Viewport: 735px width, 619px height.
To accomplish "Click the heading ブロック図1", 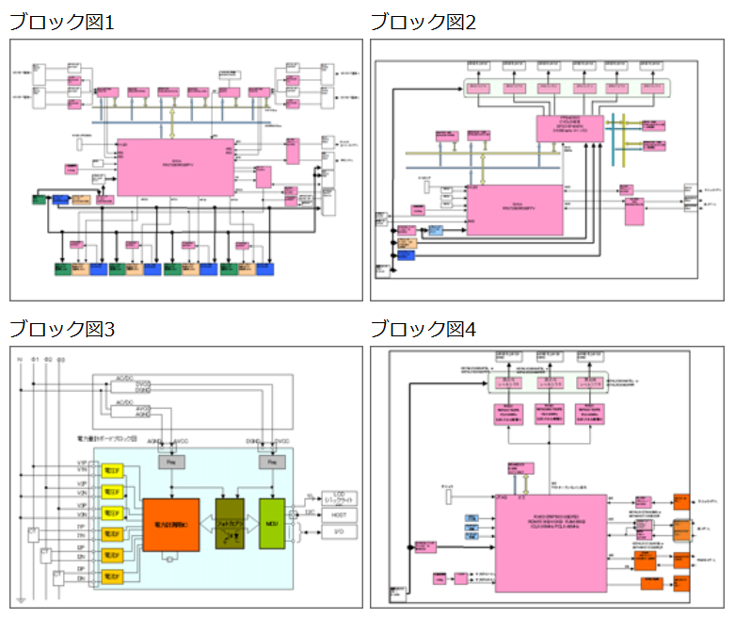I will tap(62, 22).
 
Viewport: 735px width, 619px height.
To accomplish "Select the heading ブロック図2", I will tap(423, 22).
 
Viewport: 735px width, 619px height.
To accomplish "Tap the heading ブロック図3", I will tap(62, 329).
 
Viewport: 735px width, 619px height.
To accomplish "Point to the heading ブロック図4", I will tap(423, 329).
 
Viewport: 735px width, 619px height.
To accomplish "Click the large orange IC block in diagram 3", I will tap(170, 524).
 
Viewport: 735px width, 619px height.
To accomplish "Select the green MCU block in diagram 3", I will tap(271, 524).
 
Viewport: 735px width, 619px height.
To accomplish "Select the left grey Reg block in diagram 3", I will tap(170, 462).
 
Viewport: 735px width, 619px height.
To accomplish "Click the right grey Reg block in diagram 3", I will tap(271, 462).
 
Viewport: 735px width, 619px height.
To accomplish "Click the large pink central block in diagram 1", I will tap(175, 167).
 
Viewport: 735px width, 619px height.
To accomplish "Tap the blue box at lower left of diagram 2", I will tap(407, 243).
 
